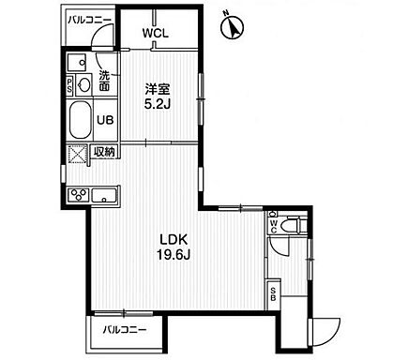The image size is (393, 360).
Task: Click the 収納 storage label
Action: pyautogui.click(x=104, y=152)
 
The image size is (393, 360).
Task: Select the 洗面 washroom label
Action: pyautogui.click(x=104, y=82)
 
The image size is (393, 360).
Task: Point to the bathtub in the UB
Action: pyautogui.click(x=80, y=121)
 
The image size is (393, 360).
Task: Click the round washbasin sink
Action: pyautogui.click(x=84, y=84)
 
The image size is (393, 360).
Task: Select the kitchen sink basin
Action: pyautogui.click(x=104, y=195)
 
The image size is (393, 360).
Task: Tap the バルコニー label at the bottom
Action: pyautogui.click(x=125, y=330)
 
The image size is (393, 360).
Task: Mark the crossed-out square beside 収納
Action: pyautogui.click(x=77, y=153)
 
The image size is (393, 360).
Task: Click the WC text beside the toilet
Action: pyautogui.click(x=273, y=225)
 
